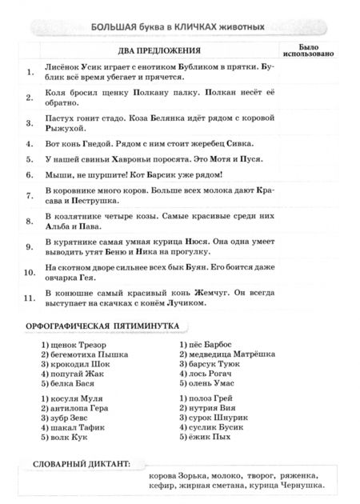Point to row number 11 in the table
pyautogui.click(x=30, y=300)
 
